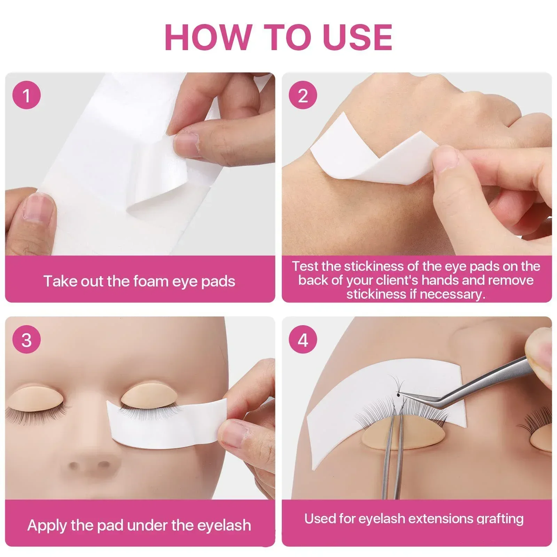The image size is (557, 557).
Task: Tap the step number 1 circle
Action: coord(26,95)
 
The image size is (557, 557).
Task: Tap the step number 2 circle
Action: coord(303,95)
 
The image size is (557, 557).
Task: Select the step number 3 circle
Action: coord(26,340)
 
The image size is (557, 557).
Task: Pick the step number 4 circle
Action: coord(303,340)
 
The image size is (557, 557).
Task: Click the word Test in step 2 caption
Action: coord(305,266)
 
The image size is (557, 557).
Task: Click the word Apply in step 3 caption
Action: coord(47,525)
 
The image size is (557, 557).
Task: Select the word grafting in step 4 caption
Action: coord(500,519)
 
